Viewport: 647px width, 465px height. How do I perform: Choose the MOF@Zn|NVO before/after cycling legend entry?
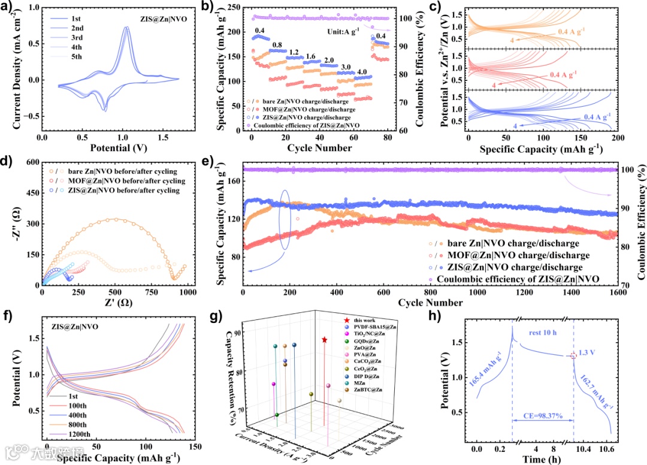[134, 181]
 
